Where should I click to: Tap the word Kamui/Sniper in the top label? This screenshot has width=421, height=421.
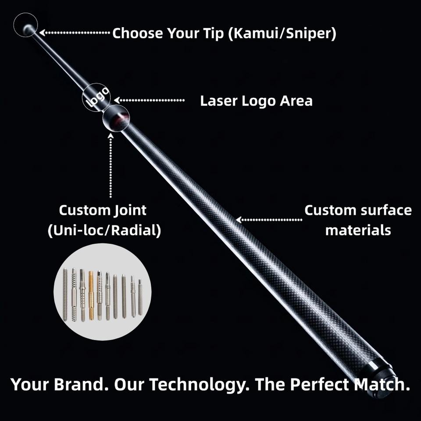(282, 33)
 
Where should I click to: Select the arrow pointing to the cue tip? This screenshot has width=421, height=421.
(75, 32)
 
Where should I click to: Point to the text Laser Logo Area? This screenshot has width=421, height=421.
(256, 101)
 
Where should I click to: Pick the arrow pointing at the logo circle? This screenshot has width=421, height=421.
(149, 100)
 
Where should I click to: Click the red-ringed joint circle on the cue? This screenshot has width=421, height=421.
(116, 118)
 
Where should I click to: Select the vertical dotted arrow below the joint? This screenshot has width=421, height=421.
(111, 167)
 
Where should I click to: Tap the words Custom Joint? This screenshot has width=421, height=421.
(103, 210)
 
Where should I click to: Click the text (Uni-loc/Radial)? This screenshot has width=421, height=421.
(104, 231)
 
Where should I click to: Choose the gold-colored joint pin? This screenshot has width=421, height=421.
(91, 295)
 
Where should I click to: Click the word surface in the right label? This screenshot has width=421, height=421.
(386, 210)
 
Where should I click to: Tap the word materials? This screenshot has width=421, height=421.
(358, 230)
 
